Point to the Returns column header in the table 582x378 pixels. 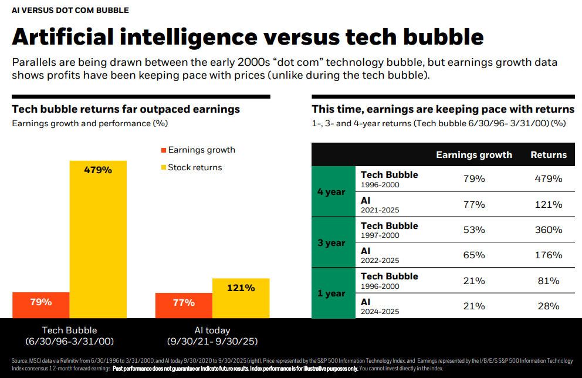click(x=549, y=155)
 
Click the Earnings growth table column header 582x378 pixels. click(x=474, y=155)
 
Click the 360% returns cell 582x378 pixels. click(x=549, y=230)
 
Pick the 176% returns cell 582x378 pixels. click(x=549, y=255)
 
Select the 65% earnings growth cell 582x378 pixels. click(x=474, y=255)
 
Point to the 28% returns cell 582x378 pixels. click(x=549, y=306)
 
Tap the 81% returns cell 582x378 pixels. click(x=549, y=281)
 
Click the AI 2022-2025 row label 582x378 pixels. click(x=380, y=255)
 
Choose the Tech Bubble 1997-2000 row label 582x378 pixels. click(x=389, y=230)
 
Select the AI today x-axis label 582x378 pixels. click(x=212, y=330)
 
